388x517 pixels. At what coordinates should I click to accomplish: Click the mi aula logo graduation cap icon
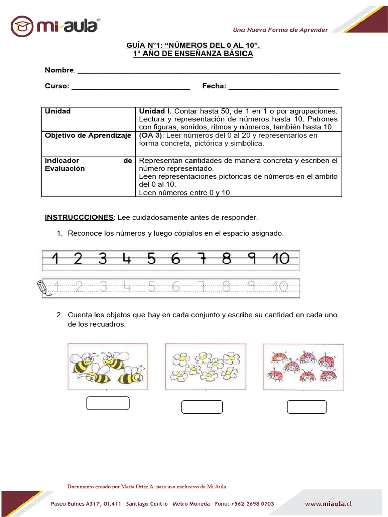[x=22, y=26]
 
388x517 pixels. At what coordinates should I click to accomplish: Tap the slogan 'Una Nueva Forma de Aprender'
[x=280, y=30]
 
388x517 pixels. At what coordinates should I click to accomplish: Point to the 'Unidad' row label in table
[x=58, y=111]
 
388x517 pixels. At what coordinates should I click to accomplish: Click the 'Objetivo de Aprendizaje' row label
[x=88, y=136]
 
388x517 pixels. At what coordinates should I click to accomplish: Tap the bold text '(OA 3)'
[x=150, y=136]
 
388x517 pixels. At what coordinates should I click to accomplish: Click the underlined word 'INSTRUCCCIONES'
[x=79, y=218]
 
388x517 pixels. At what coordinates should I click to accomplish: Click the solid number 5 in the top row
[x=151, y=259]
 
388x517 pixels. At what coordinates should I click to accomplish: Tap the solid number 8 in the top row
[x=226, y=259]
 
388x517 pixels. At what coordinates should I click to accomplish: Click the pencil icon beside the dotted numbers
[x=44, y=287]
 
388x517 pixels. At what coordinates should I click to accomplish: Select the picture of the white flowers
[x=206, y=367]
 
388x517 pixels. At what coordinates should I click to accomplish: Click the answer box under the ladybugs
[x=307, y=407]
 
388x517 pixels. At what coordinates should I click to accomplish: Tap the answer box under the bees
[x=108, y=403]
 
